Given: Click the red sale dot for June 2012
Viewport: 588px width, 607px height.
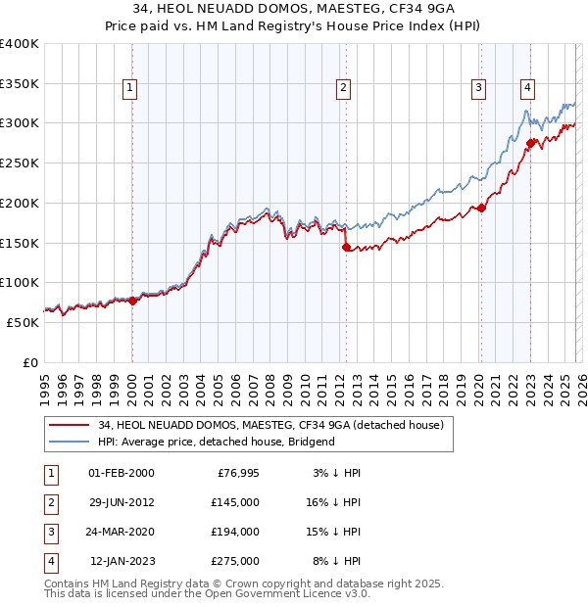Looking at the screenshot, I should click(x=346, y=247).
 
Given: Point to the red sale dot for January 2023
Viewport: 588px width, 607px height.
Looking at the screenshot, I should click(x=530, y=143).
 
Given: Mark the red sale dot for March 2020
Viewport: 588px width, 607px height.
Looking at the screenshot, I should click(x=481, y=208).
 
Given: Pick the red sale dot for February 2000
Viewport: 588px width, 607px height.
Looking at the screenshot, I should click(x=132, y=301).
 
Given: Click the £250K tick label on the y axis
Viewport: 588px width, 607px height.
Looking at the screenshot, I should click(x=20, y=163).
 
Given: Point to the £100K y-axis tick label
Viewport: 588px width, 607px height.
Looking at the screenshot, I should click(x=20, y=282).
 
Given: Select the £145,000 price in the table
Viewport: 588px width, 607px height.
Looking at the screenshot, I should click(x=235, y=502).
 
